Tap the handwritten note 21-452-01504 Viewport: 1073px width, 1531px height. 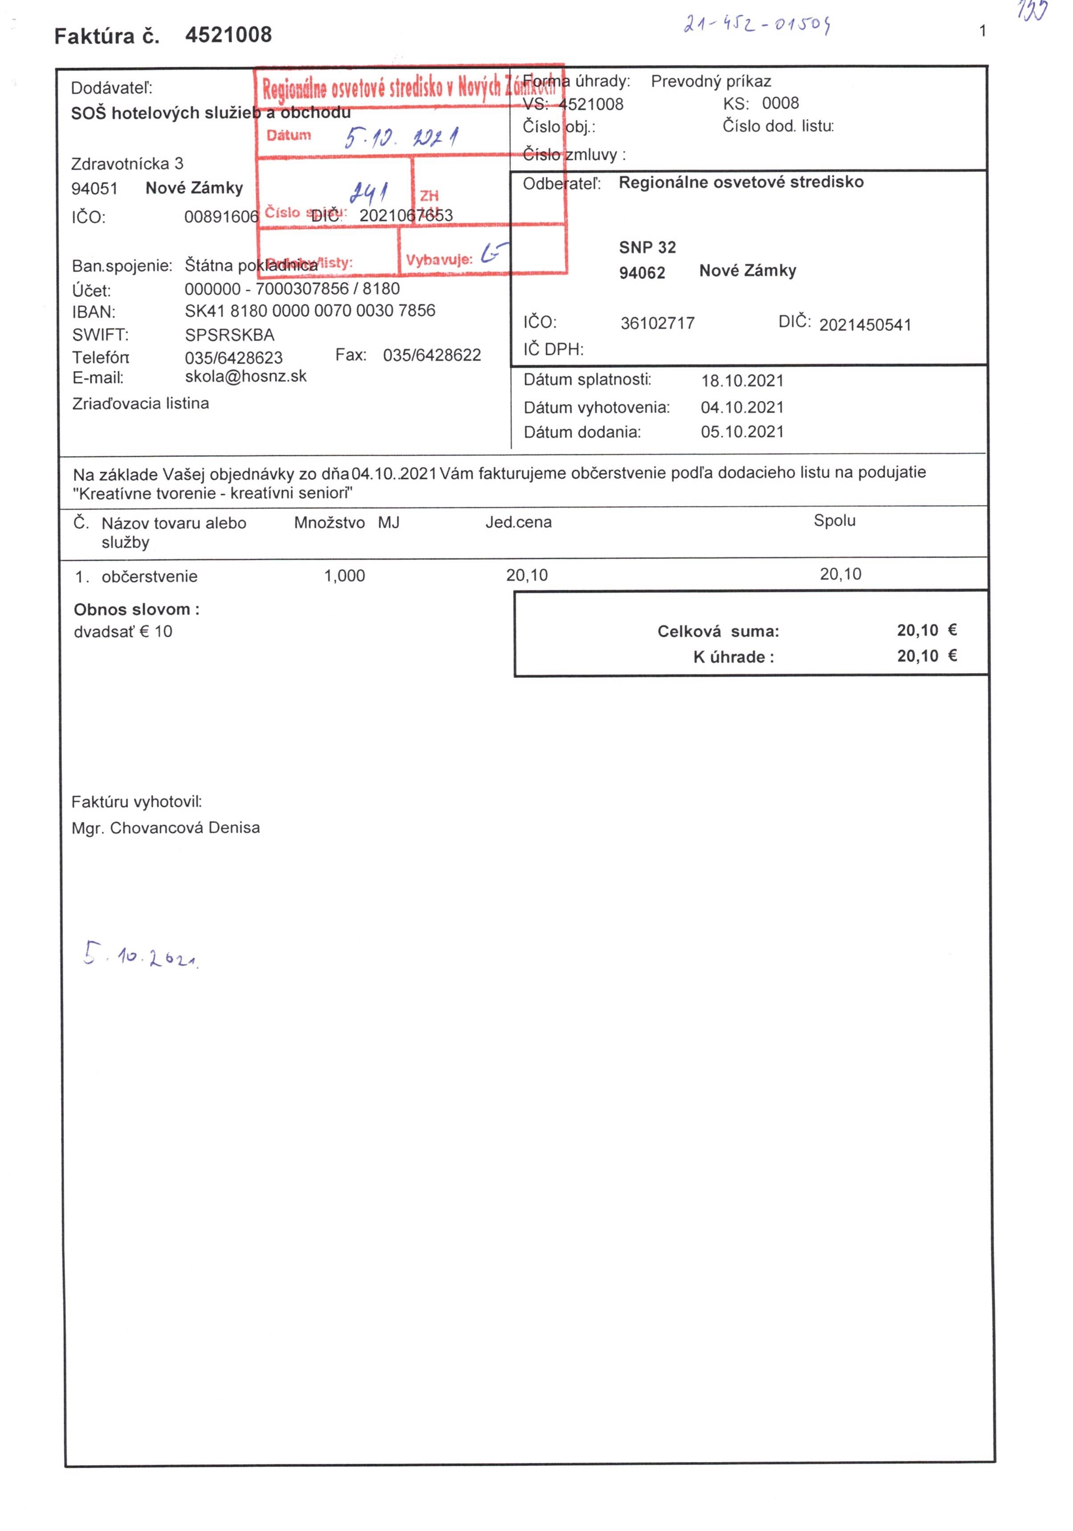coord(756,25)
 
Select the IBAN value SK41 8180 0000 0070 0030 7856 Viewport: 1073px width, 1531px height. coord(310,311)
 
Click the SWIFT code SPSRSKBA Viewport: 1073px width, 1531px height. coord(229,335)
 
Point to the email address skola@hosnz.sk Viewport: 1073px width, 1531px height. coord(245,376)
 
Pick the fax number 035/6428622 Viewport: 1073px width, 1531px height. coord(432,355)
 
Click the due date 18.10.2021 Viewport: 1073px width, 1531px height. coord(742,381)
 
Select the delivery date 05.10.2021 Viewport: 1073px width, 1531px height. coord(742,432)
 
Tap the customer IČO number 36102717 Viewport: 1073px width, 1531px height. coord(657,323)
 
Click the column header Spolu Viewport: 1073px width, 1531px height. coord(834,521)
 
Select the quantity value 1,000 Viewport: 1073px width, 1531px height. coord(344,576)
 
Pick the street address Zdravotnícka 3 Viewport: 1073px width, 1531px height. coord(126,164)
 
